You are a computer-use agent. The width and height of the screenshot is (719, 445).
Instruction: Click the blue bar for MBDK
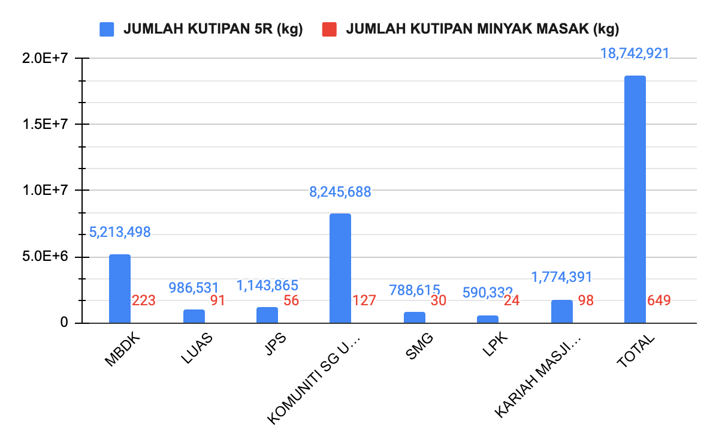119,289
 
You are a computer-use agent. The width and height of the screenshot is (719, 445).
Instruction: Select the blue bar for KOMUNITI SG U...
340,268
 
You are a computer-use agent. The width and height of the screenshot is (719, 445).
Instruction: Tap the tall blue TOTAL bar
635,200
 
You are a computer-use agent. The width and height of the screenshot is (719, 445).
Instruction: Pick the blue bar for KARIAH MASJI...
561,311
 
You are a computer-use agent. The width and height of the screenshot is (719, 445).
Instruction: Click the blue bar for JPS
267,315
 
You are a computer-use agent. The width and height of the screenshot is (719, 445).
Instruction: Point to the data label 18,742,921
635,53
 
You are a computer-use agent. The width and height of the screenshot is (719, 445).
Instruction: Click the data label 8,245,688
340,192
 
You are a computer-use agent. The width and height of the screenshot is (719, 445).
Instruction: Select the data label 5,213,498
120,232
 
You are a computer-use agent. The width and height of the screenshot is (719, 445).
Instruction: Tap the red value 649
658,300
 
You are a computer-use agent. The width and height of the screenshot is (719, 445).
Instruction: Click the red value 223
144,300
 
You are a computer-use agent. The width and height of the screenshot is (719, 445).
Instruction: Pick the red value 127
364,300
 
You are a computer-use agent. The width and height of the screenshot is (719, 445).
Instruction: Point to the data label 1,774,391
561,277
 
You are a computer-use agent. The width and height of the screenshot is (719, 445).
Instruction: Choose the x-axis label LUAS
197,350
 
